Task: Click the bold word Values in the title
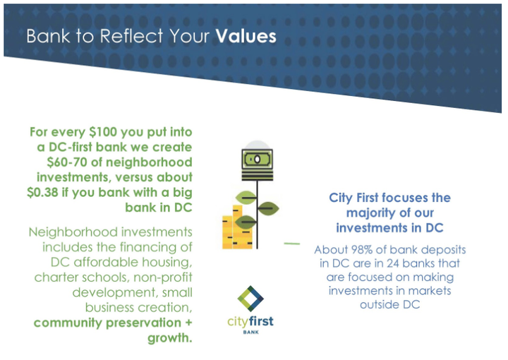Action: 246,36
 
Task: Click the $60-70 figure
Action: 67,162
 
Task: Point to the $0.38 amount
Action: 42,192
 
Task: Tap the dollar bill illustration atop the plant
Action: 258,159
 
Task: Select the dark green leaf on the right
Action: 268,208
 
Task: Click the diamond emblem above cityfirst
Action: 250,299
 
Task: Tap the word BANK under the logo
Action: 250,332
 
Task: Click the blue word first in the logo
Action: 261,321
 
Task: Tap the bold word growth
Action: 170,338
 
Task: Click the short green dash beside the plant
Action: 292,244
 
